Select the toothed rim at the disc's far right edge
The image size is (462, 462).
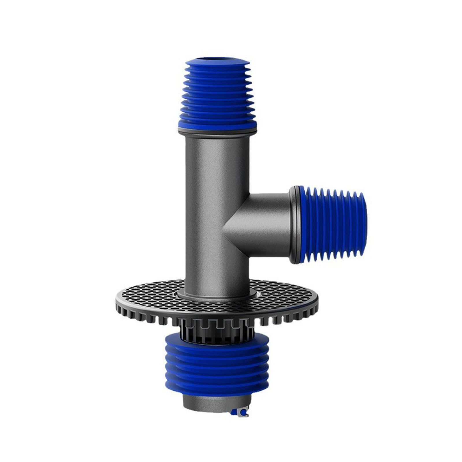click(x=313, y=306)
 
